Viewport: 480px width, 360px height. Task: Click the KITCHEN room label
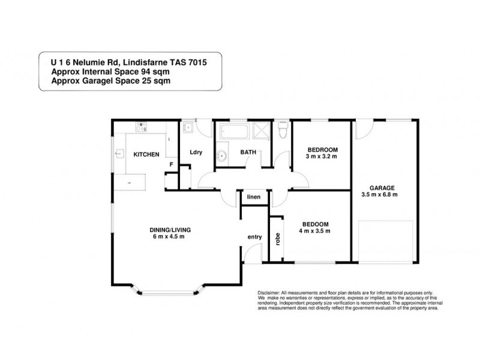(x=146, y=154)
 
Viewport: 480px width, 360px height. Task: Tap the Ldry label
(x=196, y=152)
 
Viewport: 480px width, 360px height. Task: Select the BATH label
(x=249, y=152)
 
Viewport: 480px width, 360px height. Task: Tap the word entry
(x=254, y=238)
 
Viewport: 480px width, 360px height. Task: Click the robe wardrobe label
(x=278, y=238)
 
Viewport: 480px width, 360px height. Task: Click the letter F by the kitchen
(x=172, y=164)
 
